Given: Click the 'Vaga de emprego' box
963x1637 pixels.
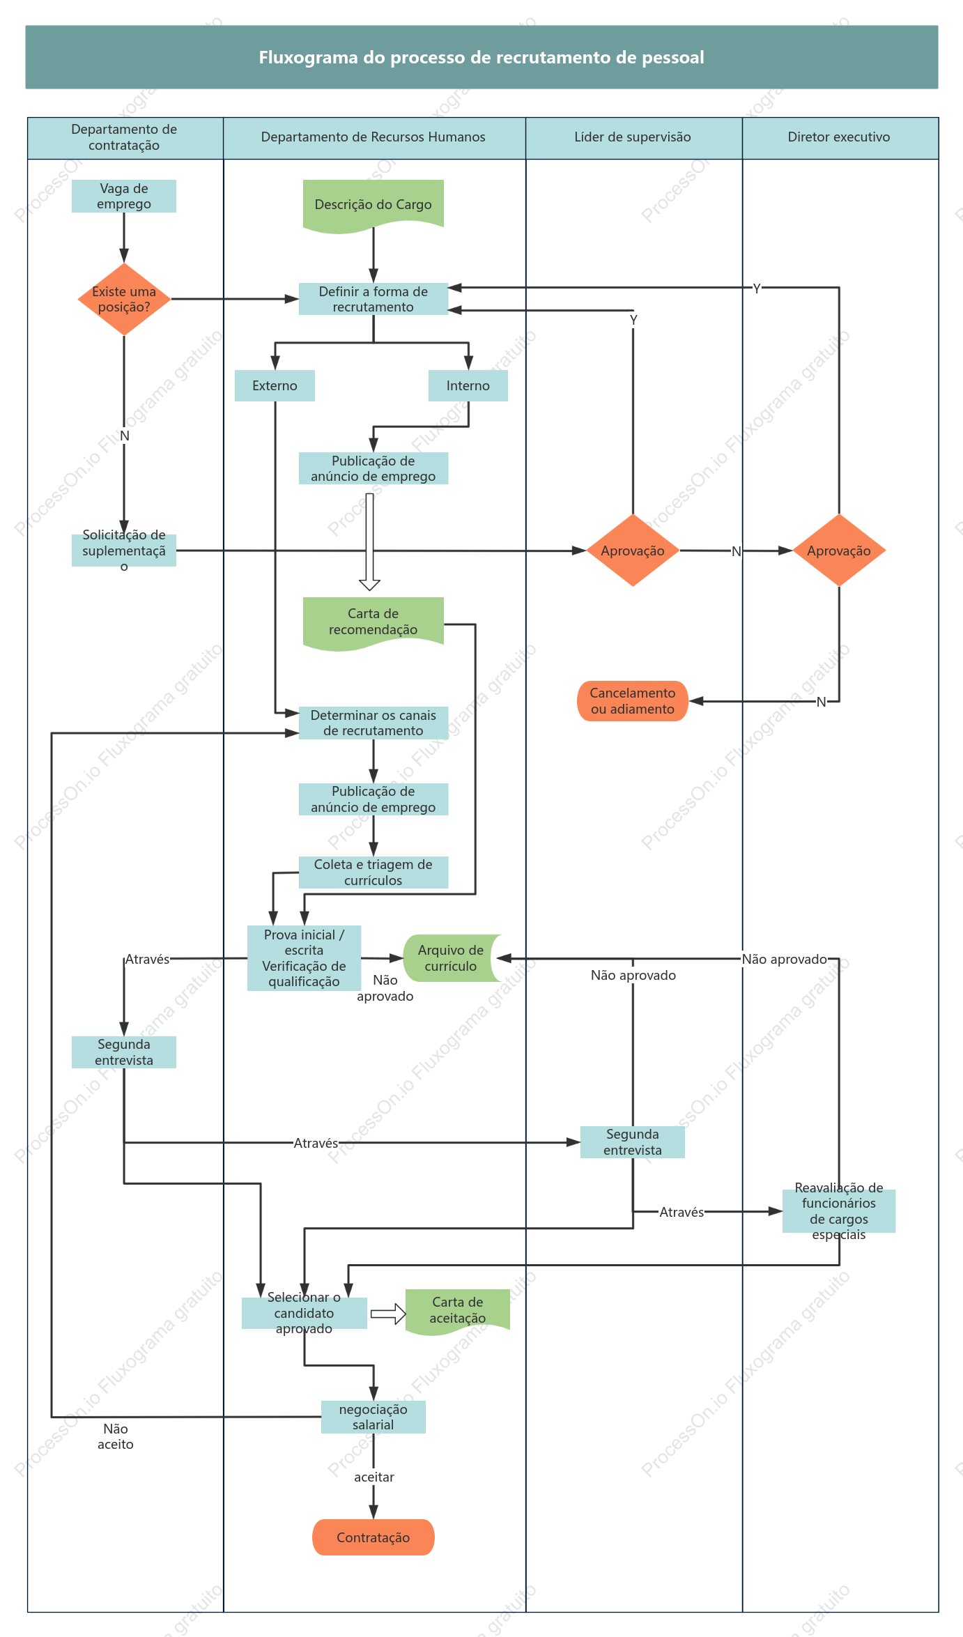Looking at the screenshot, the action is point(124,197).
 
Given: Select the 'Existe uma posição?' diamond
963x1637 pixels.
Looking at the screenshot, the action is point(124,299).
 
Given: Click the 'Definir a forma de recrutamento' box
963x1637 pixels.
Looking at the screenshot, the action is point(373,299).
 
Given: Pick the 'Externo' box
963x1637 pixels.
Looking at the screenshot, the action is point(275,385).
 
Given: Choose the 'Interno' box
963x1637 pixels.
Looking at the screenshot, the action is point(468,385).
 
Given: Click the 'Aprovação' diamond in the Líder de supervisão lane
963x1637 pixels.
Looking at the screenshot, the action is point(633,551).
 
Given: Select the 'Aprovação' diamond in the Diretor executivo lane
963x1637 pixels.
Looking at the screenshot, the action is point(839,551).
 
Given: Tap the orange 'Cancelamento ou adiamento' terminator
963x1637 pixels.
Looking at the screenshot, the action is point(633,701).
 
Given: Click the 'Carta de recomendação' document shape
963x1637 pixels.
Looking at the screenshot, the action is point(373,623).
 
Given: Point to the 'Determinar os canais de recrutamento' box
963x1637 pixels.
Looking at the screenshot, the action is point(373,723).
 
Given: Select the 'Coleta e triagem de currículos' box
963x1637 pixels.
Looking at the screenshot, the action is point(373,873).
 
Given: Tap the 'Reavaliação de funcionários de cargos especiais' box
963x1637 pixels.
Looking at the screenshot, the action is point(839,1211).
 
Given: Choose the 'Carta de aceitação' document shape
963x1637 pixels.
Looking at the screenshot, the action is point(458,1311).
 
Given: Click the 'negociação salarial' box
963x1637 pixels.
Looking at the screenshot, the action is point(373,1417).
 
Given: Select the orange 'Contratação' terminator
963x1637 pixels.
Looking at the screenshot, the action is point(373,1537).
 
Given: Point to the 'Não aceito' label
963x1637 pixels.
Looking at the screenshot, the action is point(116,1436).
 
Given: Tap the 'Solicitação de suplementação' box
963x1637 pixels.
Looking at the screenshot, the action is point(124,551).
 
